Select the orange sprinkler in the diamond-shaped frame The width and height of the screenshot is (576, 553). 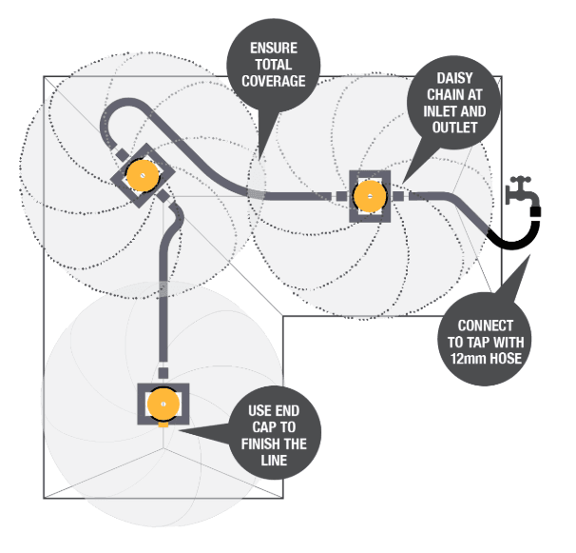point(143,173)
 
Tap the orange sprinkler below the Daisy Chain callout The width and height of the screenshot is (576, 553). point(368,195)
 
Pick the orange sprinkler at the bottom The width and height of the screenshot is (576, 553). point(163,404)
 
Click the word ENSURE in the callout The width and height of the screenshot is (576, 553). point(277,48)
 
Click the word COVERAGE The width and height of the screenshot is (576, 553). point(277,82)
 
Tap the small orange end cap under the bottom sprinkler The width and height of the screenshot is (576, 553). point(163,424)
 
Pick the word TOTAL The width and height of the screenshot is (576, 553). point(277,65)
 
